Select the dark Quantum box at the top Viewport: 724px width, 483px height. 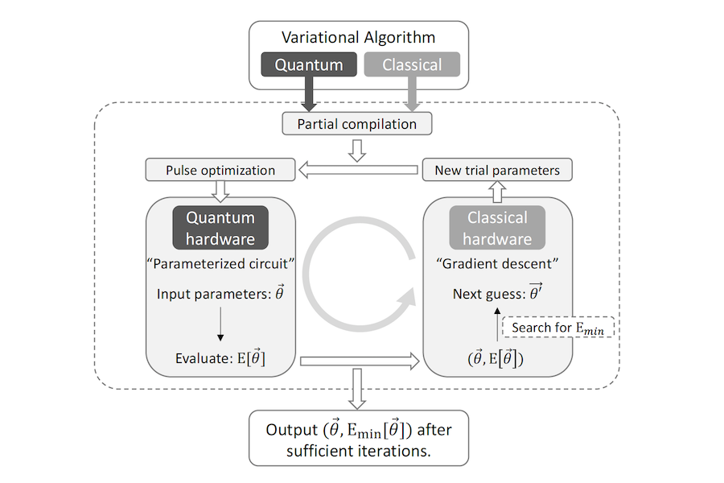[x=309, y=64]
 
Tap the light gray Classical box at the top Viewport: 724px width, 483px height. [x=413, y=64]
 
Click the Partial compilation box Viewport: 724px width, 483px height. [x=357, y=124]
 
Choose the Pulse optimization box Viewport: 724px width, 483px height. [x=220, y=170]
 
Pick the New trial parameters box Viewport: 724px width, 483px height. [x=496, y=170]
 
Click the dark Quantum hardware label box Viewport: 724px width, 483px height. [x=220, y=228]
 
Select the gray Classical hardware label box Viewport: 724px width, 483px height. [x=496, y=228]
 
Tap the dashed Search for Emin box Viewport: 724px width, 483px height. [x=557, y=328]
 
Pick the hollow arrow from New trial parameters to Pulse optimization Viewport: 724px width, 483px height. [x=360, y=170]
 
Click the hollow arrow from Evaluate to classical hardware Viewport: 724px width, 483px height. [x=360, y=361]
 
